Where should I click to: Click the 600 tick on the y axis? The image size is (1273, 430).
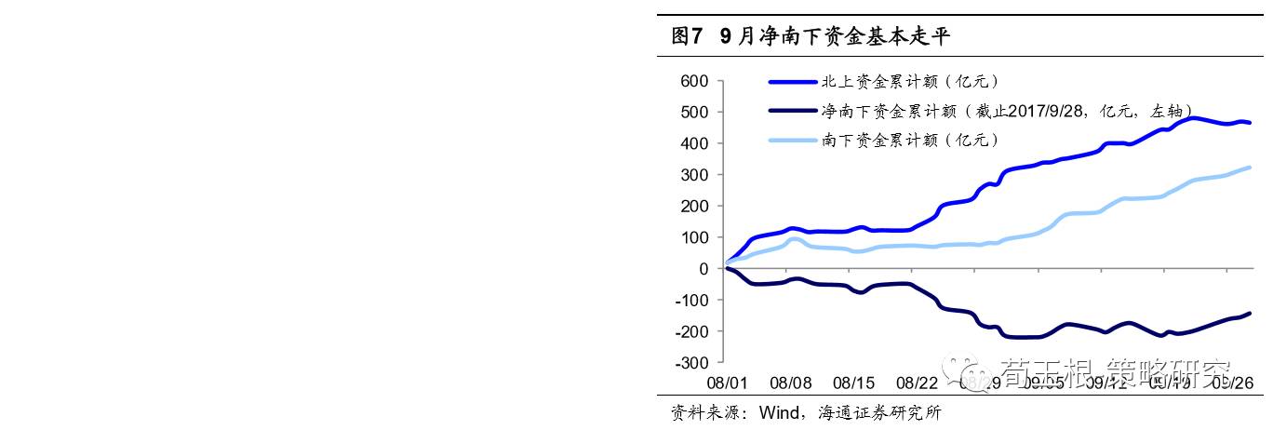696,81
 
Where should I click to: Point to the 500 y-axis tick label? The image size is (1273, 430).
696,113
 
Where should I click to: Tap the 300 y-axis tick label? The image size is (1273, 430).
696,175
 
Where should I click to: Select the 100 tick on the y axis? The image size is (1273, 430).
696,237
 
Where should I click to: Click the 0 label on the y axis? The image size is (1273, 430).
703,269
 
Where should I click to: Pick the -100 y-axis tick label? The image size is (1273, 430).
693,300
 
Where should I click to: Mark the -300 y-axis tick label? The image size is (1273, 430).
693,362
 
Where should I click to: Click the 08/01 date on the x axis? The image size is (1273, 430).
726,383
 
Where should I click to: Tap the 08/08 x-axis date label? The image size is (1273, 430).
792,383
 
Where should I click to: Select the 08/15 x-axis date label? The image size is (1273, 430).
854,383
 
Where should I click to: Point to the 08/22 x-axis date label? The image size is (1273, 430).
917,383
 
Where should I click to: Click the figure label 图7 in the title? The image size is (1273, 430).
687,37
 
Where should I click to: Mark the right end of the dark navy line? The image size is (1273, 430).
1249,314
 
